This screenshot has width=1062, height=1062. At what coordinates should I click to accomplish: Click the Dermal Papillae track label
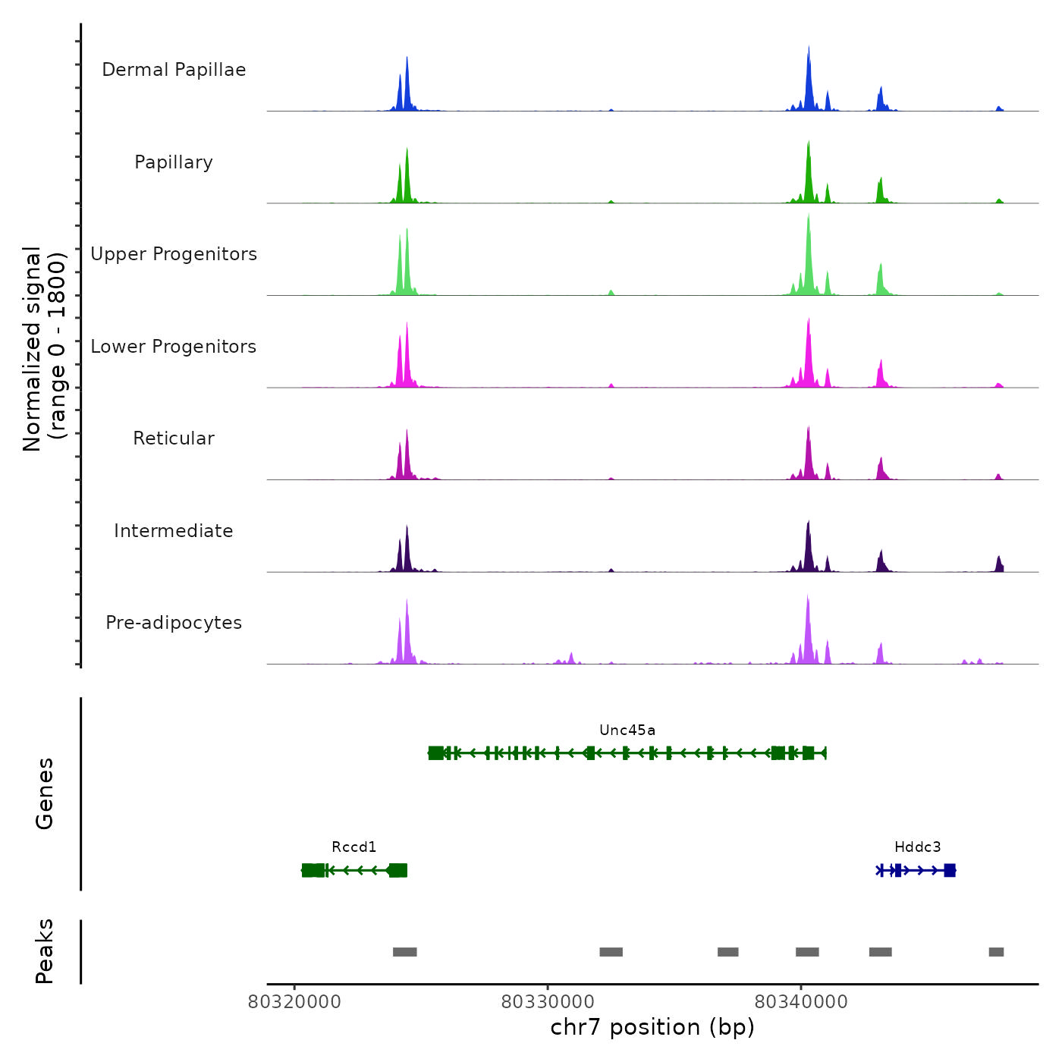click(174, 70)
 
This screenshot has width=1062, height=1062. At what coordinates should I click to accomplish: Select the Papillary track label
click(174, 162)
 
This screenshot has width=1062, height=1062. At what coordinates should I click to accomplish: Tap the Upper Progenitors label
click(174, 254)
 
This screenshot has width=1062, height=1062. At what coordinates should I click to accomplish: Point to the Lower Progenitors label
click(174, 347)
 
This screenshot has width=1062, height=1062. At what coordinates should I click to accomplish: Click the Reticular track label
click(174, 438)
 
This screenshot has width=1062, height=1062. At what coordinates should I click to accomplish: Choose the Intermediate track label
click(174, 531)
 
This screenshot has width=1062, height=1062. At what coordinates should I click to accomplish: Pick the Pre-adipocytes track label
click(174, 623)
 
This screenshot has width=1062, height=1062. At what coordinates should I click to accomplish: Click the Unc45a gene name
click(627, 731)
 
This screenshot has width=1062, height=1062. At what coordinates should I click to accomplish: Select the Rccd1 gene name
click(354, 847)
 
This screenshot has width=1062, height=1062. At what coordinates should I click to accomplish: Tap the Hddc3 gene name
click(917, 847)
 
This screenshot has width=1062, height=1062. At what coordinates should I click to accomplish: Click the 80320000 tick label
click(294, 1002)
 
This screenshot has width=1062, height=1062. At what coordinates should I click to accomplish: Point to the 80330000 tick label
click(548, 1002)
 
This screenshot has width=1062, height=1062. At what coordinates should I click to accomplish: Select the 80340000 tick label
click(801, 1002)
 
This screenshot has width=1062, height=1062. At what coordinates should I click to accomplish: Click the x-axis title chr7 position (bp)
click(652, 1027)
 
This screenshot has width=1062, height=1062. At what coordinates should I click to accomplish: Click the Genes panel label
click(44, 793)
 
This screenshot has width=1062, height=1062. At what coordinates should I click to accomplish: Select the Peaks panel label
click(44, 951)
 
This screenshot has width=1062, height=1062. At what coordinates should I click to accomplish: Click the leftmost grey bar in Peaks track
click(405, 952)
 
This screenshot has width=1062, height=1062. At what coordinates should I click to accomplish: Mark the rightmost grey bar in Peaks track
click(996, 952)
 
